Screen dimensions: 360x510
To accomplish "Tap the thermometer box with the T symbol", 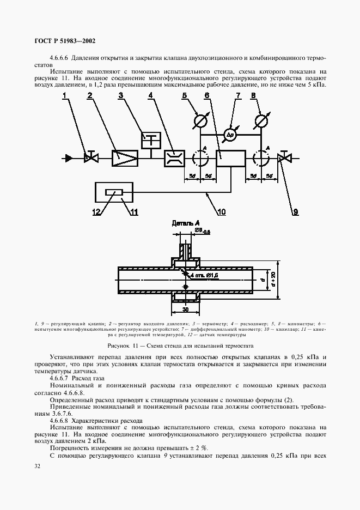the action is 150,139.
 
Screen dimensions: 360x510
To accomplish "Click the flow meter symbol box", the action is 174,158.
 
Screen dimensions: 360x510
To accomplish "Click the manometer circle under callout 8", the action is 262,120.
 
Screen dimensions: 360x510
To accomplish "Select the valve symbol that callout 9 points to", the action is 283,158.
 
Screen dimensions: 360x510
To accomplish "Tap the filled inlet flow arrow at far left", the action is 69,158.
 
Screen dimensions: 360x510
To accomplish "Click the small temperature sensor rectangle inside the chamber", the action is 114,192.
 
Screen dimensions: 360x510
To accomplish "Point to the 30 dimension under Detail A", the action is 186,308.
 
